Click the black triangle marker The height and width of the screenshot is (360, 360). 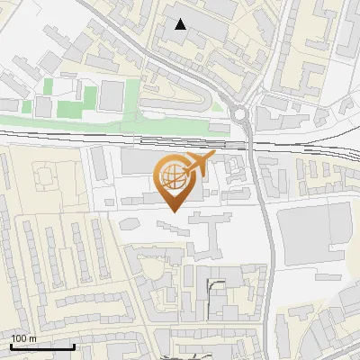pyautogui.click(x=181, y=24)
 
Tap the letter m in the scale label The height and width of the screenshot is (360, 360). pyautogui.click(x=33, y=338)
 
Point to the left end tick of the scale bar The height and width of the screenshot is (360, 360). pyautogui.click(x=11, y=346)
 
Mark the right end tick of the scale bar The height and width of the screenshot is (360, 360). pyautogui.click(x=74, y=346)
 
